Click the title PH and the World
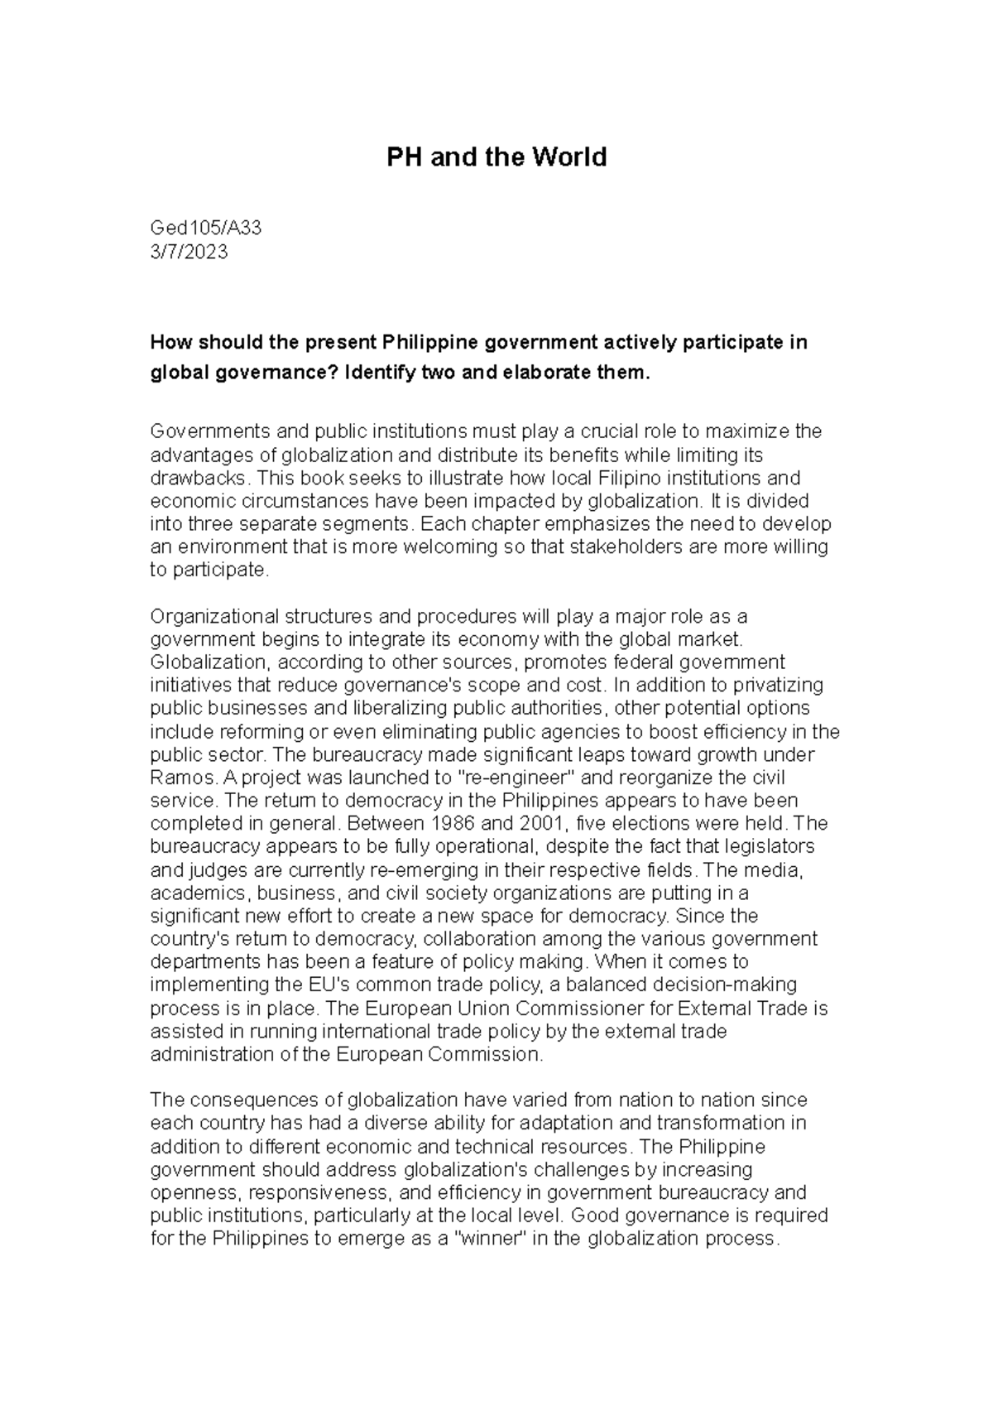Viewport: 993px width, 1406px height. pyautogui.click(x=496, y=156)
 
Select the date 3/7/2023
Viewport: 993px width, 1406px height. pyautogui.click(x=188, y=252)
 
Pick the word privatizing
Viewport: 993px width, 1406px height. pyautogui.click(x=770, y=685)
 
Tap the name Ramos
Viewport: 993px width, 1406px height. pyautogui.click(x=175, y=778)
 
